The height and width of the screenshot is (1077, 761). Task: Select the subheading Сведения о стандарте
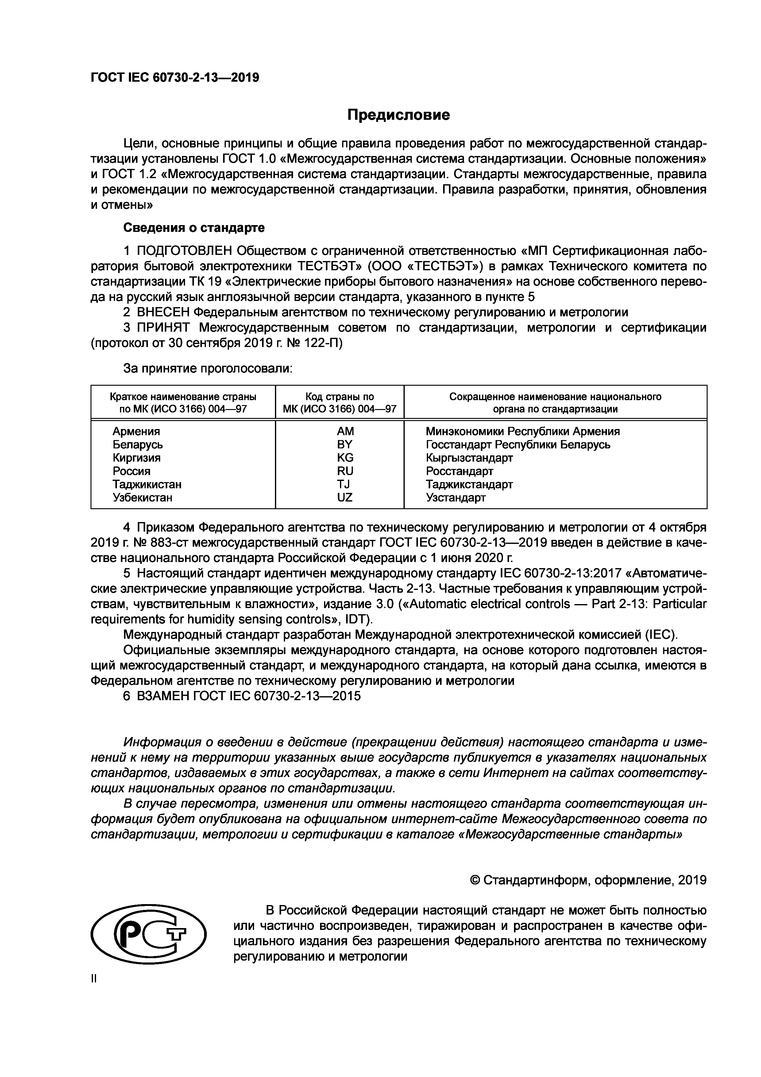pos(194,228)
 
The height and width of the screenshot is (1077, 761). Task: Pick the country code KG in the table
pos(345,457)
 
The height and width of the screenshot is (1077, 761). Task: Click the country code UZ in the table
pos(345,497)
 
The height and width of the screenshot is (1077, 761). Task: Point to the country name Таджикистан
pos(147,484)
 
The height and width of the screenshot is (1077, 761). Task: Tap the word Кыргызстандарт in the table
pos(469,457)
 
